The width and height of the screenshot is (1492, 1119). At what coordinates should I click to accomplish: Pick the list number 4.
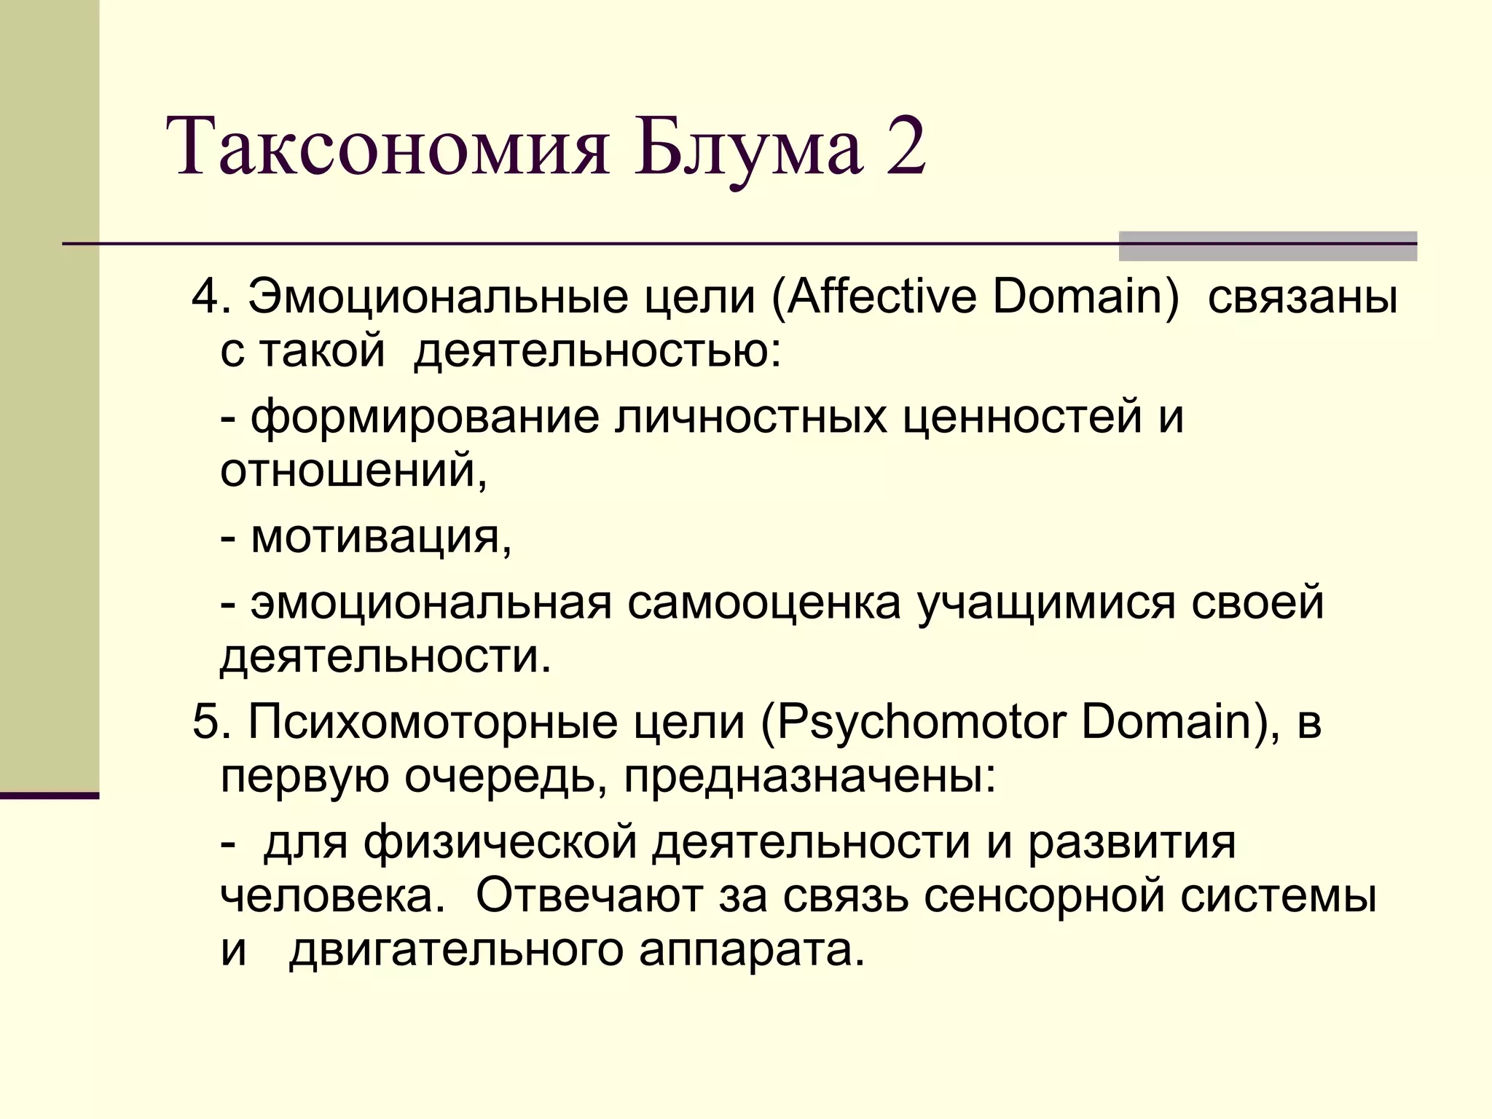coord(205,297)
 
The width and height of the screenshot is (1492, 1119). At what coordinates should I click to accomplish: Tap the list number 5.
coord(205,723)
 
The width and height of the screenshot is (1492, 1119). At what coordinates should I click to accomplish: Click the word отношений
coord(353,470)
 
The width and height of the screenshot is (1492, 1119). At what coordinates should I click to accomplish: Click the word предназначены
coord(809,777)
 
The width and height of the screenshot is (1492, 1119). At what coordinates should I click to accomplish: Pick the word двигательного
coord(456,950)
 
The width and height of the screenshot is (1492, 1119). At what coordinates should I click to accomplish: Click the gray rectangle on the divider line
coord(1268,246)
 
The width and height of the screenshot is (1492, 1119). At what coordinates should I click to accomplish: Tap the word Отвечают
coord(589,896)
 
